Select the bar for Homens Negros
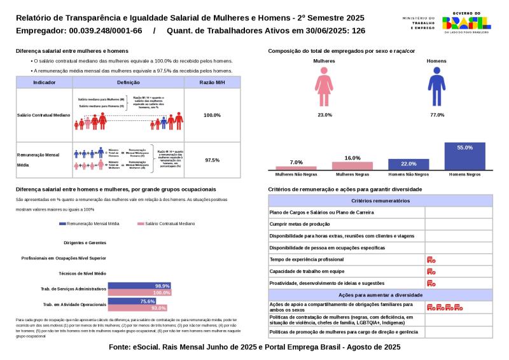click(x=464, y=156)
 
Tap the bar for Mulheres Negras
click(x=352, y=165)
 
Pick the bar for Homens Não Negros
click(x=408, y=164)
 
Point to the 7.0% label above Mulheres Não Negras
click(x=296, y=162)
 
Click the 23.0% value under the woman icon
click(x=324, y=114)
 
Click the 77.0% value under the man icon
click(x=436, y=114)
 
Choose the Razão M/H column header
click(x=212, y=83)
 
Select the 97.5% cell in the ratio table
click(x=212, y=160)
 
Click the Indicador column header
click(x=44, y=83)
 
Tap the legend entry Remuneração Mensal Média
click(x=89, y=224)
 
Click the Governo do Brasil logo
click(x=467, y=22)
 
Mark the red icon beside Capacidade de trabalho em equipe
click(x=431, y=271)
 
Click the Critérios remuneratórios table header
click(x=379, y=200)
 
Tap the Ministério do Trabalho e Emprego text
click(x=419, y=22)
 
